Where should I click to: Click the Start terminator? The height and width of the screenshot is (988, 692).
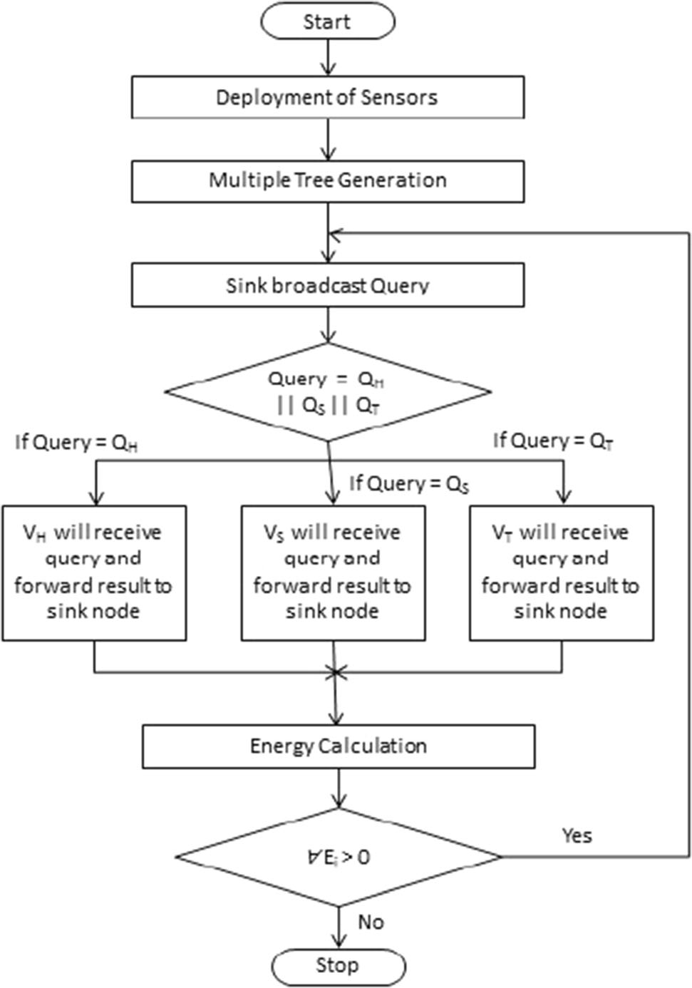[327, 21]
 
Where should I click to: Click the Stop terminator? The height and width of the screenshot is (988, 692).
[338, 967]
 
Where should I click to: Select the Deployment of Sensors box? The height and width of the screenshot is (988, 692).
[327, 97]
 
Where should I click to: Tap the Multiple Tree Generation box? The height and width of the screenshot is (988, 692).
[327, 180]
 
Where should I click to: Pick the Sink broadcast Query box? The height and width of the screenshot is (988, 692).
[327, 285]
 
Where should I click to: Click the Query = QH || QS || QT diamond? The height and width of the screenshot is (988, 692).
[327, 392]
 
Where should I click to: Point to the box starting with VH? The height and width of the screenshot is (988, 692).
[94, 572]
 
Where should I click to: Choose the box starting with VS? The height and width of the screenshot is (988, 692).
[333, 572]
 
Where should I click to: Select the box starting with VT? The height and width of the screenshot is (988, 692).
[561, 572]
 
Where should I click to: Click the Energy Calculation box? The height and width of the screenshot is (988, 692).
[339, 746]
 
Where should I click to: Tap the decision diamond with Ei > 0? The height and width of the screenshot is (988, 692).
[339, 857]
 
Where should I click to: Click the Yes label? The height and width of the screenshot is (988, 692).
[577, 835]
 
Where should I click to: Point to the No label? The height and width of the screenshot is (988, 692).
[371, 922]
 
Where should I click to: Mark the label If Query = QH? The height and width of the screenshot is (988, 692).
[76, 443]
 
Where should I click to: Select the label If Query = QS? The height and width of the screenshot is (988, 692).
[408, 484]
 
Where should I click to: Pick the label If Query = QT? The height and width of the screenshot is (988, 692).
[553, 441]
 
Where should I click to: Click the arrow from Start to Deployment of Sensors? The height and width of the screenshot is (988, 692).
[327, 57]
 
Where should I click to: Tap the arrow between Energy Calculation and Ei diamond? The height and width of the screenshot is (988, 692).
[339, 788]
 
